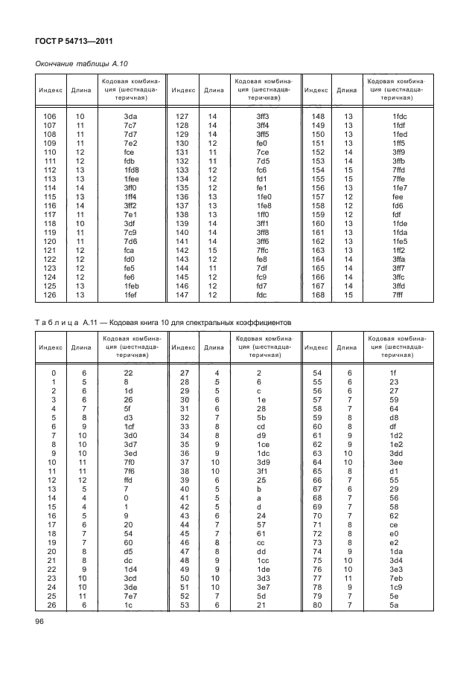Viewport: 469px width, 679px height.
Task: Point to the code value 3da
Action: [x=130, y=116]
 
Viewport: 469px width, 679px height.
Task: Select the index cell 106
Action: [x=51, y=116]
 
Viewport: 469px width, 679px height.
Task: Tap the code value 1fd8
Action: [x=132, y=170]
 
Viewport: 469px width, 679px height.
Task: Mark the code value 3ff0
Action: [x=131, y=187]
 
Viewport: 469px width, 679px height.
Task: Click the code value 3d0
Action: [x=130, y=434]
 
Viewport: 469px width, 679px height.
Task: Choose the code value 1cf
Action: [x=130, y=425]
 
